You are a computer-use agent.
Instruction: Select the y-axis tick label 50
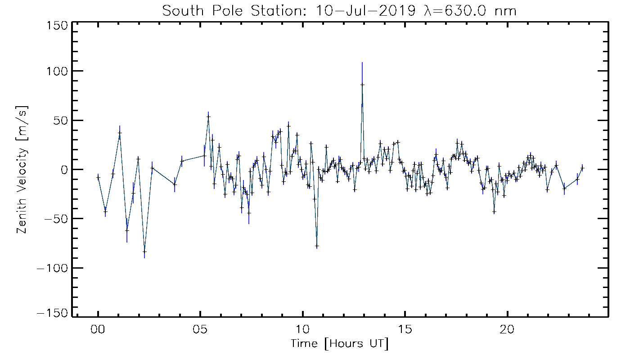(59, 120)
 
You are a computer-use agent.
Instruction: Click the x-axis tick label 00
(98, 329)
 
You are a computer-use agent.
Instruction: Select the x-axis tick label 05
(200, 329)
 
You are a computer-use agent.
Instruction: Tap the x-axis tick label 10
(303, 329)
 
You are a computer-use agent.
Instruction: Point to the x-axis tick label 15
(405, 329)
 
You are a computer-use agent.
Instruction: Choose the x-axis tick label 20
(508, 329)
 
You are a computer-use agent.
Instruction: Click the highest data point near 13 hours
(362, 84)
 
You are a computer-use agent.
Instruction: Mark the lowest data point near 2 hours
(144, 252)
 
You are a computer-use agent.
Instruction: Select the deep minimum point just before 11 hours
(317, 246)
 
